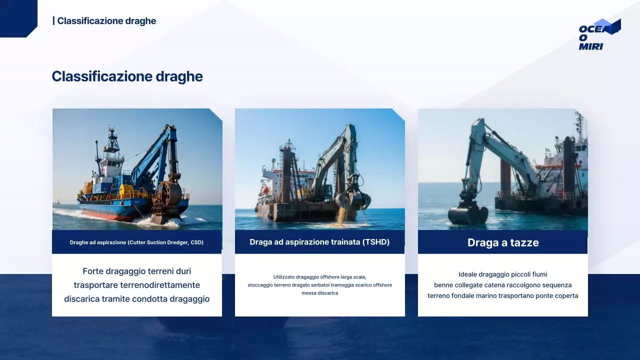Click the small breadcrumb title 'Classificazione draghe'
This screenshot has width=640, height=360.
[x=106, y=21]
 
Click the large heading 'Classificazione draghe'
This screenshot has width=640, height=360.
[x=127, y=76]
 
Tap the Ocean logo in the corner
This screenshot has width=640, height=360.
[x=599, y=34]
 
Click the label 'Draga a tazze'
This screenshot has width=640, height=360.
[x=503, y=242]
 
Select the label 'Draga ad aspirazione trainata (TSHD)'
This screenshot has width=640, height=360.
[x=319, y=242]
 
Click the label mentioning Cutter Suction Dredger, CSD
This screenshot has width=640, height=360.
[x=136, y=242]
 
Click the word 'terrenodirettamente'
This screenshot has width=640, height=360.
[x=160, y=285]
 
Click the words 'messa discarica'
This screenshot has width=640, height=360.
[x=319, y=293]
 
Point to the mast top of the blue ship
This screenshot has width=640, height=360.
[x=111, y=127]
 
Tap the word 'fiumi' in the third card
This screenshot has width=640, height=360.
[x=539, y=274]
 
